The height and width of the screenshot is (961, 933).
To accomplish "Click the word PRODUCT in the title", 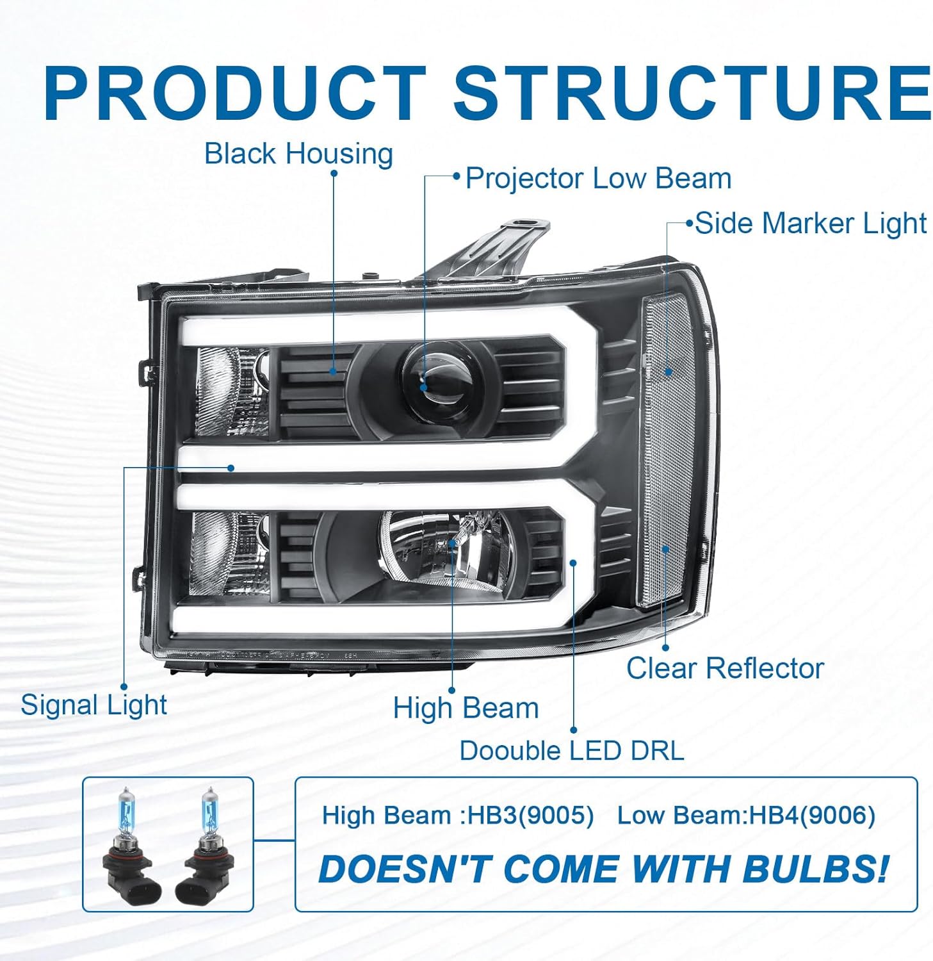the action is [235, 93].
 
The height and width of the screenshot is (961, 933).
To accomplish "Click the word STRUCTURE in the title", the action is [692, 93].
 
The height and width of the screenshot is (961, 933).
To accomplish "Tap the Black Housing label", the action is [298, 154].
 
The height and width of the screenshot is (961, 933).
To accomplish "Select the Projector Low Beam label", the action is [598, 178].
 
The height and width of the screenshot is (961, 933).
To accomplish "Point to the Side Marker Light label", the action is [811, 224].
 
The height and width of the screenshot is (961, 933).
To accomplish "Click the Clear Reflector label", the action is [725, 668].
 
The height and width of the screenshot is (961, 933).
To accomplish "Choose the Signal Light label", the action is [94, 705].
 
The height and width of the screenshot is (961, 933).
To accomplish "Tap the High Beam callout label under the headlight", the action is [466, 708].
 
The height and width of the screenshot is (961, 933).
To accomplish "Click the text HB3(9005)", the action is [531, 816].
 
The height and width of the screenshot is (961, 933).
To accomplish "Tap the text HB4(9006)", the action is [812, 816].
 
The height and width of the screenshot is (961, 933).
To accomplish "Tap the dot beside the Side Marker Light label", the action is [690, 224].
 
